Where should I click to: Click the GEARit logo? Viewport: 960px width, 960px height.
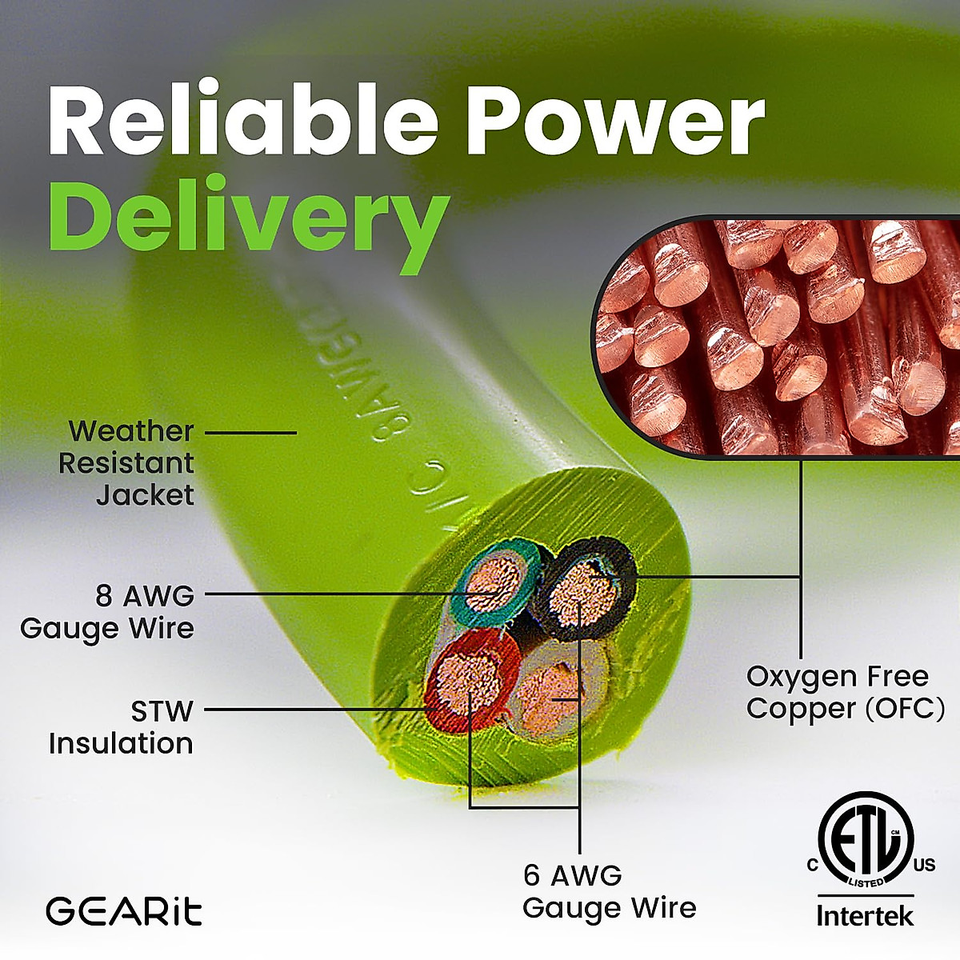point(123,911)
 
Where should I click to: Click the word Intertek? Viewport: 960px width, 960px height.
point(864,915)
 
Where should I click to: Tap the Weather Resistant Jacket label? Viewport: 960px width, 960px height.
point(128,463)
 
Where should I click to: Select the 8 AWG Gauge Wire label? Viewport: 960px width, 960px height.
point(108,612)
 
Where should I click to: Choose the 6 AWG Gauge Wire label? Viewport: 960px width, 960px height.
point(609,891)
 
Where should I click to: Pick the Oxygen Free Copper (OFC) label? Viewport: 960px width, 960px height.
point(845,692)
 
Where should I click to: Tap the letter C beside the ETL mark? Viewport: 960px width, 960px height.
point(812,865)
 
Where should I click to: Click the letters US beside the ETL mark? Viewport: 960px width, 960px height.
point(924,865)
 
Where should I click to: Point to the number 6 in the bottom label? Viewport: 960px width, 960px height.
point(532,875)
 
